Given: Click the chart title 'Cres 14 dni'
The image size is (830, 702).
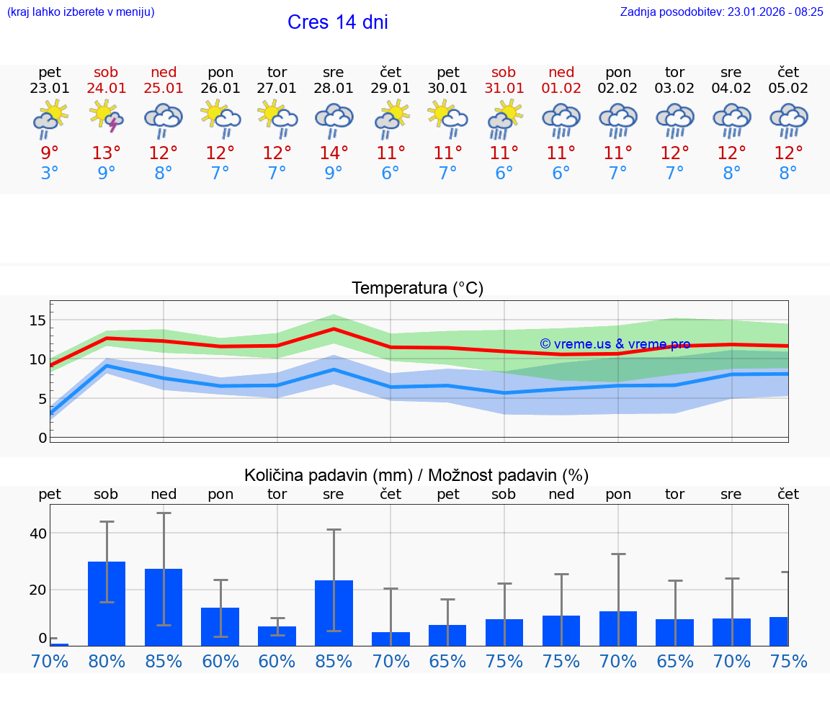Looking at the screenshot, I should [x=337, y=22].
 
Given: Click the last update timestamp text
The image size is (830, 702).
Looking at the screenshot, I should [x=721, y=12].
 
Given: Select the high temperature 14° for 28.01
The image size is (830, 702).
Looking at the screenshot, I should [x=334, y=153].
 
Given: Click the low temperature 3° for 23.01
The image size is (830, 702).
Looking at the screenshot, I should [x=50, y=174].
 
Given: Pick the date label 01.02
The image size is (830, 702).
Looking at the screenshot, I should [x=561, y=89].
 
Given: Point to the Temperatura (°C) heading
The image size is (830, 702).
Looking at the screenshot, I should [x=417, y=289].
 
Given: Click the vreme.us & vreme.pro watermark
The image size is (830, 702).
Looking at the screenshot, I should [x=615, y=344].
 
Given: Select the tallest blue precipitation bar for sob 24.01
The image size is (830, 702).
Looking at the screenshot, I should [x=107, y=603].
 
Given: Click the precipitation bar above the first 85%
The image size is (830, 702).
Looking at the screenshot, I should [x=164, y=607].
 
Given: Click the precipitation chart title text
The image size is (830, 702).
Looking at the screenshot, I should [x=416, y=475].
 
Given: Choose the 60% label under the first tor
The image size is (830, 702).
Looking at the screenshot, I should [x=277, y=662].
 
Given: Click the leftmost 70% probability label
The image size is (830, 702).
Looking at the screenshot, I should [x=50, y=662].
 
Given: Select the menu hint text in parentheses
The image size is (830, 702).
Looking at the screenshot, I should [x=80, y=12].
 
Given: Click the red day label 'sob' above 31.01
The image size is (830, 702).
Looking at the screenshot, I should [x=504, y=72].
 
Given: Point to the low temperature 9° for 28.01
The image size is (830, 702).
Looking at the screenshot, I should [x=334, y=174].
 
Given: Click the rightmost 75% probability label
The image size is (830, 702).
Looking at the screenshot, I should [x=788, y=662].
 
